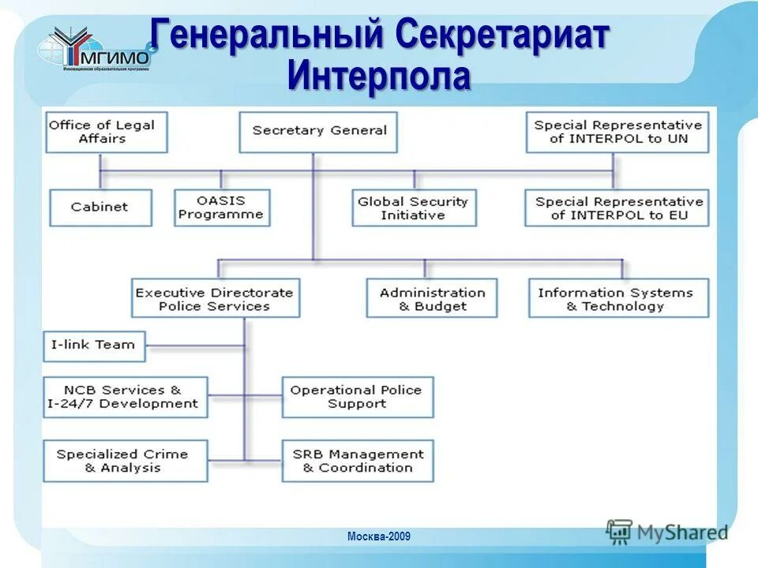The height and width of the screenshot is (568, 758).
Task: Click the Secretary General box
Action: (318, 132)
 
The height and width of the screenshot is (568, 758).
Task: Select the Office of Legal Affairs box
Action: (106, 132)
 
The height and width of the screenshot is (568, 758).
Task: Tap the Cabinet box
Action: (99, 207)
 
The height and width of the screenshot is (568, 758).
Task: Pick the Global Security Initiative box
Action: (414, 207)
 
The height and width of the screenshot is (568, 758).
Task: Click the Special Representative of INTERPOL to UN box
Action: (617, 132)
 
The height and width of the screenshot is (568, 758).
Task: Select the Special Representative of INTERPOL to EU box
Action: (617, 207)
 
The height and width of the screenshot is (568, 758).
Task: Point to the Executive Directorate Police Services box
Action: (215, 298)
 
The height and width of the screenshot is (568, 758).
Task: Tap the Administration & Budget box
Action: (432, 298)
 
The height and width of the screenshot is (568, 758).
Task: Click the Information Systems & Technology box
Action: (618, 298)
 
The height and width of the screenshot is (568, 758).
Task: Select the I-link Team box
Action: (94, 346)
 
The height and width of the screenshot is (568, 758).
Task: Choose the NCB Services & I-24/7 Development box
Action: (125, 397)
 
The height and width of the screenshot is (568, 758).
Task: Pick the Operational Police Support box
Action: (357, 397)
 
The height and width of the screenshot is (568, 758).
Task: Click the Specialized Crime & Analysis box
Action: (125, 461)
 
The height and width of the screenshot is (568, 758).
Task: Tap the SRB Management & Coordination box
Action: (357, 461)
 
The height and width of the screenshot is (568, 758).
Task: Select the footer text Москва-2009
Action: (379, 537)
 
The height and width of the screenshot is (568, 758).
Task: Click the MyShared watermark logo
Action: (667, 532)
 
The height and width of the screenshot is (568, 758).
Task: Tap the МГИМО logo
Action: (99, 50)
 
